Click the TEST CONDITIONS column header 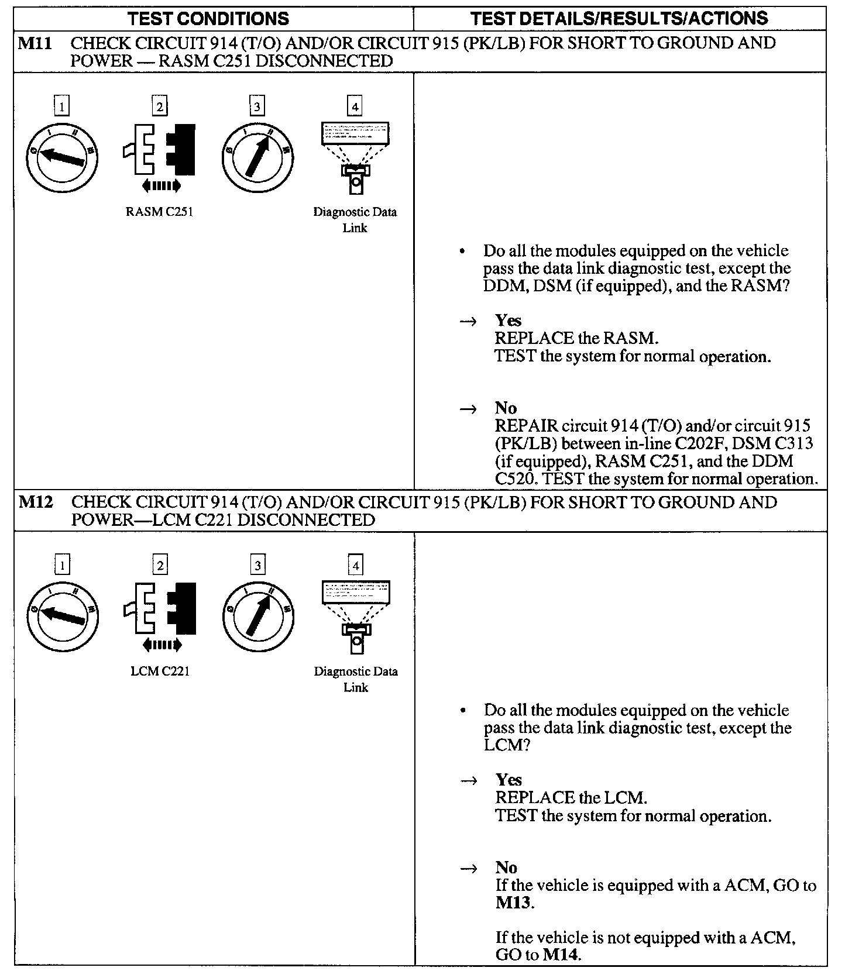(208, 18)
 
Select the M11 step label (36, 43)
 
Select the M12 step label (36, 502)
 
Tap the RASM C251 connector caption (159, 212)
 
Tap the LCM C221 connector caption (160, 671)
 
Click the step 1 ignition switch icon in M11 (62, 157)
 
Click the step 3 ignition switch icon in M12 (258, 617)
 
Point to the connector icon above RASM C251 (160, 149)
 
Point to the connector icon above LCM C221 (160, 608)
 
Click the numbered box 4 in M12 (355, 565)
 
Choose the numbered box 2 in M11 (159, 106)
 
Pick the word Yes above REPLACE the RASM (508, 321)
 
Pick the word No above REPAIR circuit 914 (506, 408)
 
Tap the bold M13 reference (513, 903)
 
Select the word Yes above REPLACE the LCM (509, 780)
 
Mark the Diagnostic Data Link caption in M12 (356, 679)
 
